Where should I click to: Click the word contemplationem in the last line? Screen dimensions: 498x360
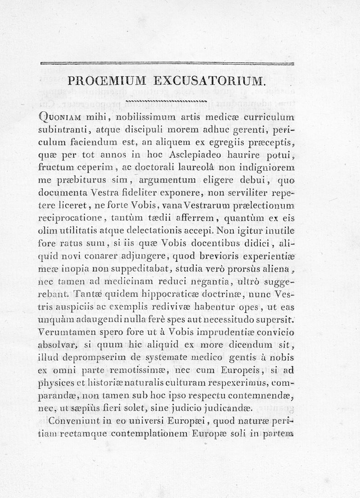pyautogui.click(x=155, y=435)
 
